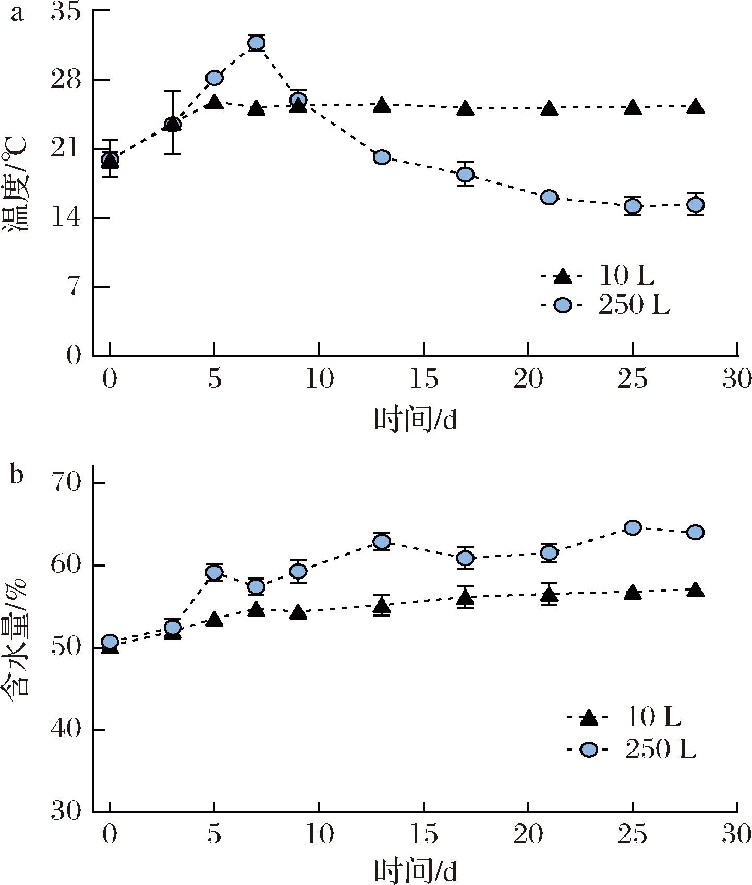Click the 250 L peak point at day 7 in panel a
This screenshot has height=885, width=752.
pyautogui.click(x=256, y=43)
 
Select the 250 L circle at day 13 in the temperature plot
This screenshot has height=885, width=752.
pyautogui.click(x=382, y=157)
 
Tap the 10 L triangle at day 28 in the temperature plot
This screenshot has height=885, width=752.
pyautogui.click(x=695, y=107)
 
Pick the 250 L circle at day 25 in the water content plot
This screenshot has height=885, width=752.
pyautogui.click(x=633, y=528)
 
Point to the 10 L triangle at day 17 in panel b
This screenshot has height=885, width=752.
pyautogui.click(x=465, y=597)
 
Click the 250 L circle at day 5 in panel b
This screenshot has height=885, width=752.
pyautogui.click(x=214, y=573)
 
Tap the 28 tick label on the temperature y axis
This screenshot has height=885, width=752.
pyautogui.click(x=66, y=80)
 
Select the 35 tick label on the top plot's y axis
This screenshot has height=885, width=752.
pyautogui.click(x=66, y=12)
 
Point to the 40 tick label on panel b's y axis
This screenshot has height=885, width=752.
pyautogui.click(x=66, y=730)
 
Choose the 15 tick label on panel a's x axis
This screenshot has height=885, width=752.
pyautogui.click(x=423, y=379)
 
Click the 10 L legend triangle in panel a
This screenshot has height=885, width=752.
pyautogui.click(x=562, y=276)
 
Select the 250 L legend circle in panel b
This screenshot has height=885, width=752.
pyautogui.click(x=588, y=750)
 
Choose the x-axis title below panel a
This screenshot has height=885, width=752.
pyautogui.click(x=416, y=420)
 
